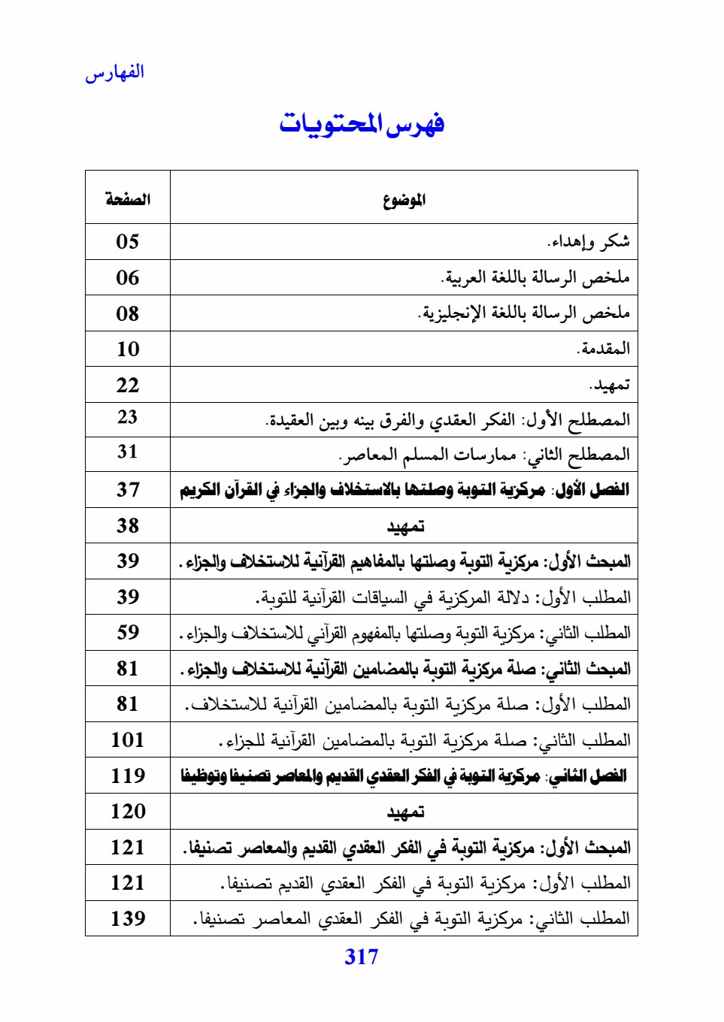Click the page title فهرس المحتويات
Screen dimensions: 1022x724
[x=362, y=123]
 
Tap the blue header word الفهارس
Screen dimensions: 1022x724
[x=114, y=73]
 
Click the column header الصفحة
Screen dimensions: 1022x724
[x=128, y=199]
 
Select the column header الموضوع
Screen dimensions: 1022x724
[x=404, y=199]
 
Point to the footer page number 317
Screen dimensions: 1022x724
[x=362, y=957]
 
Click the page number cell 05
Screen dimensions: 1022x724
[x=128, y=241]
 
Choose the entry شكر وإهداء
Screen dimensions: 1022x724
[x=588, y=241]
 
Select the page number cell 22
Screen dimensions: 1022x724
[x=128, y=385]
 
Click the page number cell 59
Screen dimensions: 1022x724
[x=128, y=632]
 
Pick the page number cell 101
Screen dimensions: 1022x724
[x=128, y=739]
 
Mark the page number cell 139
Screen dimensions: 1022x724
[x=128, y=918]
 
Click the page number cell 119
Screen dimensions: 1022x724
[x=128, y=776]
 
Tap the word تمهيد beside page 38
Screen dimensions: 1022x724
[x=405, y=526]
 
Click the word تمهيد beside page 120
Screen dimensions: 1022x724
[x=405, y=812]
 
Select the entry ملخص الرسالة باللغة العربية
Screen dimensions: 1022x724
[x=535, y=277]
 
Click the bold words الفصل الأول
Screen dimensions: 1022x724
[x=592, y=490]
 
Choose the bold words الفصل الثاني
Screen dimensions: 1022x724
[x=589, y=776]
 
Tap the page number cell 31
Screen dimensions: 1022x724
[x=128, y=452]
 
